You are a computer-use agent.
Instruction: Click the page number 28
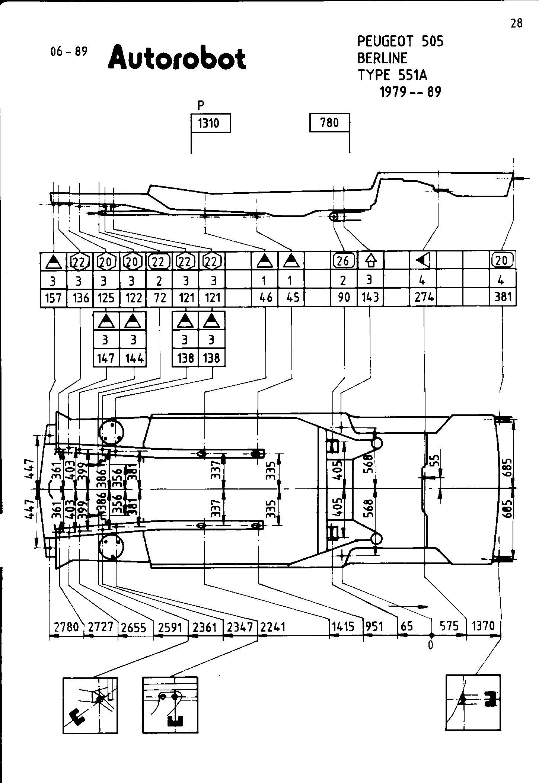(516, 23)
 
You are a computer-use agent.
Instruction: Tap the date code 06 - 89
(69, 51)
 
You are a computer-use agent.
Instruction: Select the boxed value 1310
(210, 123)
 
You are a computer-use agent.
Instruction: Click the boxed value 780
(329, 122)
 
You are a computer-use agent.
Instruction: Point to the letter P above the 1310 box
(201, 106)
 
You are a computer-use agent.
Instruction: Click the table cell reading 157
(53, 298)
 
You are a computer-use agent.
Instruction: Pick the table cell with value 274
(424, 298)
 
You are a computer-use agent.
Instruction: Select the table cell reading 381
(503, 297)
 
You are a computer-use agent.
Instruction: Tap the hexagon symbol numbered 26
(343, 261)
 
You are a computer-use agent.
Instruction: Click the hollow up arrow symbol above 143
(370, 261)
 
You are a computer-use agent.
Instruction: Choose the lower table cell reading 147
(106, 358)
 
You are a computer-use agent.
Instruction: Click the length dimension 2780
(67, 628)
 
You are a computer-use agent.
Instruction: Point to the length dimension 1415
(343, 627)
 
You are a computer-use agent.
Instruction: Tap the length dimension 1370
(483, 626)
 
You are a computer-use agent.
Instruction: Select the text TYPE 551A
(392, 76)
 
